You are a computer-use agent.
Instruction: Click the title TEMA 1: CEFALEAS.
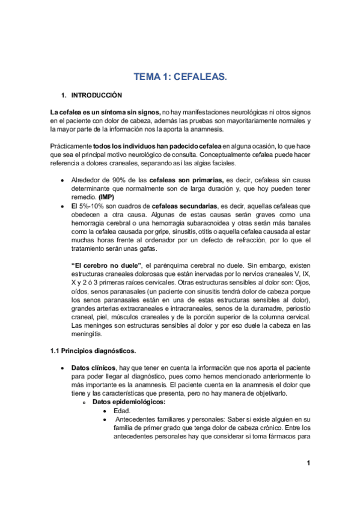click(x=180, y=76)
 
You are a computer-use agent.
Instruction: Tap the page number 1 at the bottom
click(x=307, y=462)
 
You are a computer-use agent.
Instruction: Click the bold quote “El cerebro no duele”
click(x=106, y=282)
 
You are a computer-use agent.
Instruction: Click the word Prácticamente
click(x=70, y=146)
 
